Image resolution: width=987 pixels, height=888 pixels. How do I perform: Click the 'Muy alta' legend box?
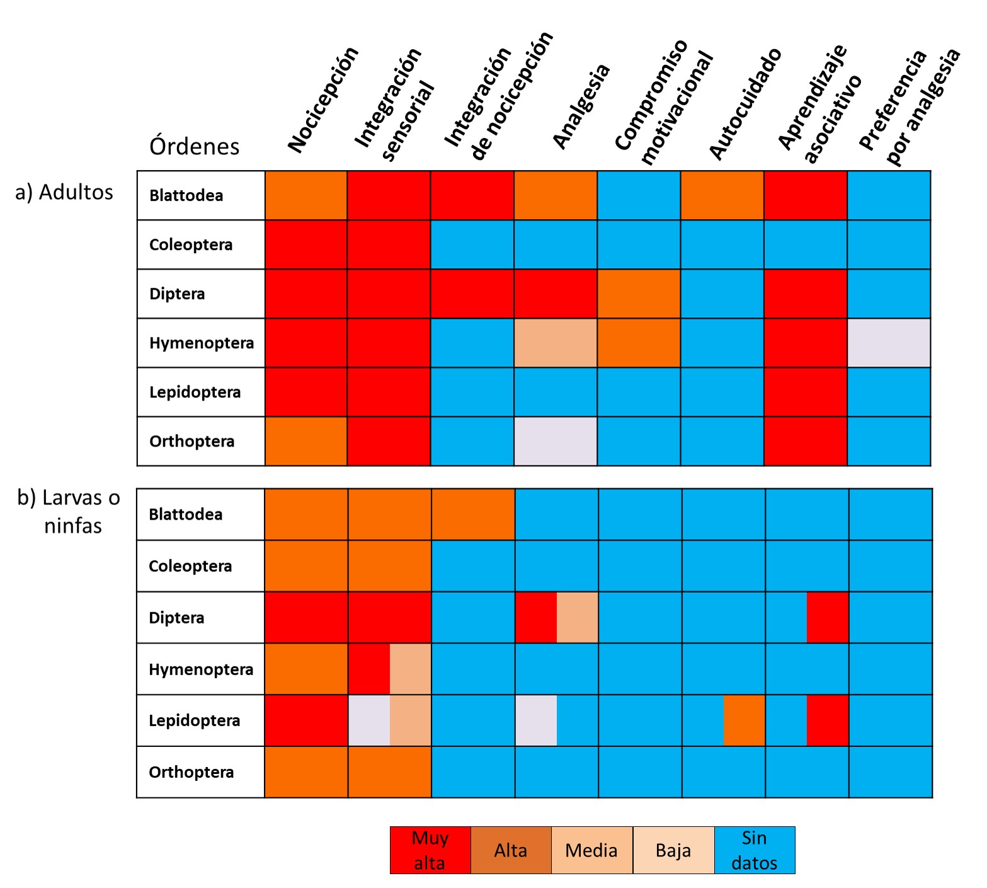pyautogui.click(x=430, y=850)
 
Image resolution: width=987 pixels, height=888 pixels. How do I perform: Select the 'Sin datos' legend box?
pyautogui.click(x=755, y=850)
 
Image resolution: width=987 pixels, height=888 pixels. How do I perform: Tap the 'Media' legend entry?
pyautogui.click(x=592, y=850)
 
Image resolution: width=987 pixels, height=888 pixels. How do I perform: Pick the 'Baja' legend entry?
pyautogui.click(x=673, y=850)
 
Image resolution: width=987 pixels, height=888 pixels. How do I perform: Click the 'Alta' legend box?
pyautogui.click(x=511, y=850)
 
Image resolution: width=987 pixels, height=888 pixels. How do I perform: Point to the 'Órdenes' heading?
pyautogui.click(x=195, y=147)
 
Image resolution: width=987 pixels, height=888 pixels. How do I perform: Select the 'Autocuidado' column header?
pyautogui.click(x=745, y=104)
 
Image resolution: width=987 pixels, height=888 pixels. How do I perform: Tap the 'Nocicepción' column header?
pyautogui.click(x=323, y=100)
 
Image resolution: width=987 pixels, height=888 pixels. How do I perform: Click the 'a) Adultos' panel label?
pyautogui.click(x=64, y=192)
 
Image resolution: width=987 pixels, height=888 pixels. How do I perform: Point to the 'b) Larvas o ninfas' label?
pyautogui.click(x=69, y=511)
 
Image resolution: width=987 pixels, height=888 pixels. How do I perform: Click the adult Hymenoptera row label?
pyautogui.click(x=202, y=343)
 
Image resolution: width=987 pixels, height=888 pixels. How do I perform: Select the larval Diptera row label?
pyautogui.click(x=176, y=618)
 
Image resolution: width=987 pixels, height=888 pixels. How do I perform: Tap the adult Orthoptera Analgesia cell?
pyautogui.click(x=556, y=441)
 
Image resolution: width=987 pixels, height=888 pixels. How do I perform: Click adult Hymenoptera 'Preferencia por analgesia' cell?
pyautogui.click(x=889, y=343)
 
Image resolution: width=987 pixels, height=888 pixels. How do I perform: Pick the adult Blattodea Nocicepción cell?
pyautogui.click(x=306, y=195)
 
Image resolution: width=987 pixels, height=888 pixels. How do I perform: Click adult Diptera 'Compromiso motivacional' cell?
pyautogui.click(x=639, y=294)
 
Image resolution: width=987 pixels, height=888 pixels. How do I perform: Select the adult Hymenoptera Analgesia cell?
pyautogui.click(x=556, y=343)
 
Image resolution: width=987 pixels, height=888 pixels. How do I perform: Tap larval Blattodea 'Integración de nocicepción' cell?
pyautogui.click(x=473, y=515)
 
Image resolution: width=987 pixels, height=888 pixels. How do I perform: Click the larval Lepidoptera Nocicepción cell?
pyautogui.click(x=306, y=720)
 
